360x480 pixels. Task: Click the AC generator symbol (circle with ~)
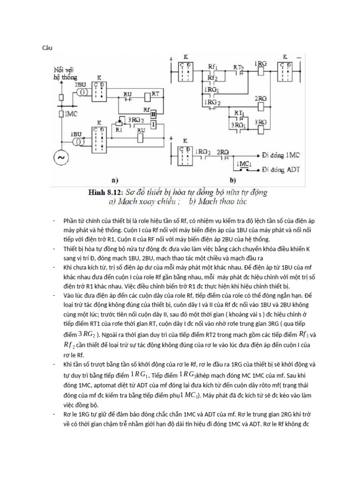pos(60,158)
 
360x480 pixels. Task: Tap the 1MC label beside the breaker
pos(71,114)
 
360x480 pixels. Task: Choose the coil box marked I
pos(153,123)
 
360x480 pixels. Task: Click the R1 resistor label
pos(119,130)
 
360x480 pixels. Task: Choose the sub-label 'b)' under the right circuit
pos(244,179)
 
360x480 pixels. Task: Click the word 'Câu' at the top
pos(47,47)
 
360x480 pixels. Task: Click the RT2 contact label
pos(239,67)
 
